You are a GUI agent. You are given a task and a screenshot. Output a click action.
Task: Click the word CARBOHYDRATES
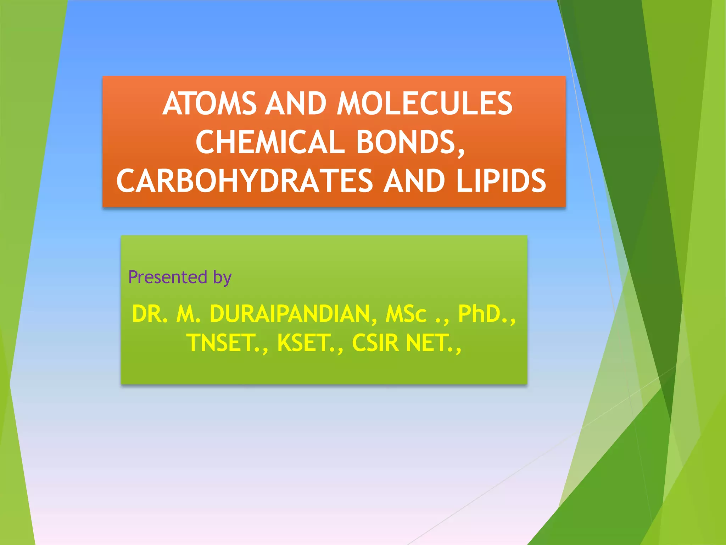tap(245, 181)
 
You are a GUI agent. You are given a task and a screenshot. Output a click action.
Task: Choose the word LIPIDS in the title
tap(501, 181)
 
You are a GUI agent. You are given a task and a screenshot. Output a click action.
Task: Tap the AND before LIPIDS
tap(414, 181)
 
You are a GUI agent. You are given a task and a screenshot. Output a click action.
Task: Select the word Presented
tap(168, 277)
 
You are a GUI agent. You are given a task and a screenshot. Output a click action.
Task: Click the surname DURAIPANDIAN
tap(290, 314)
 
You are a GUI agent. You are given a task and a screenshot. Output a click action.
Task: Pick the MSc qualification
tap(406, 314)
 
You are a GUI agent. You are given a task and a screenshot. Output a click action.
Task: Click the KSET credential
tap(306, 343)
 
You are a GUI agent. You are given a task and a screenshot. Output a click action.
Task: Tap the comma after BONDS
tap(461, 151)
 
